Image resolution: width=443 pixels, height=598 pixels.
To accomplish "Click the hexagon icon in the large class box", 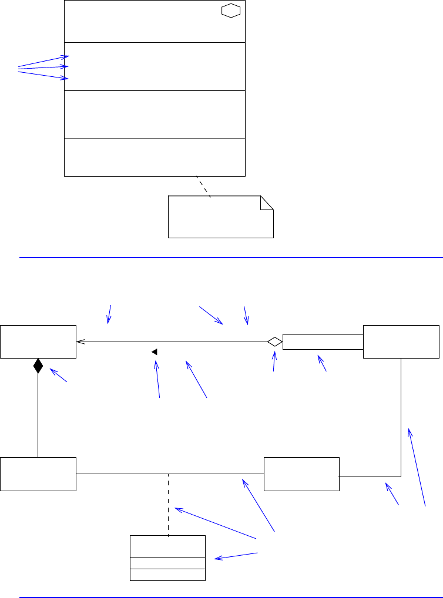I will pos(231,12).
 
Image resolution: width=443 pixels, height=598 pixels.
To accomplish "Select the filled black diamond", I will pos(38,366).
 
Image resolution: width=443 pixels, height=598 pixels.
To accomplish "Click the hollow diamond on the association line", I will pos(274,342).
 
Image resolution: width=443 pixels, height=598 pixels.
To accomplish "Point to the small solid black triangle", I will pos(154,352).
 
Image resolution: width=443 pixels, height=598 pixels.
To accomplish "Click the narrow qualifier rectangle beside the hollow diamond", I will pos(323,342).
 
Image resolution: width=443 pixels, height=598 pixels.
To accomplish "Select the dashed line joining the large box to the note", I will pos(203,187).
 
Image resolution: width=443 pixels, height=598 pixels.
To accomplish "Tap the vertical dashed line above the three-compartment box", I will pos(169,505).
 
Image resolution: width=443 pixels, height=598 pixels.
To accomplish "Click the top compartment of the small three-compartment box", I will pos(167,546).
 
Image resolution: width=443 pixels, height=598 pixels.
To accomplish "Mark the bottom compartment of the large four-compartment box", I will pos(154,157).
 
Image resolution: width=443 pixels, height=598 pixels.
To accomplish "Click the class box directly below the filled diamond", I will pos(38,474).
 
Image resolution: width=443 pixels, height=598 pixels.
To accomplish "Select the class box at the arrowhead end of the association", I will pos(38,342).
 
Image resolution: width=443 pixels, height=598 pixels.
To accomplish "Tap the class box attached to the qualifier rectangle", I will pos(401,342).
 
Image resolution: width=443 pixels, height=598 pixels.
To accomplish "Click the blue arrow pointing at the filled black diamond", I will pos(59,376).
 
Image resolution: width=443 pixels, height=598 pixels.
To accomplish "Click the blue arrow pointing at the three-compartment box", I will pos(236,556).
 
